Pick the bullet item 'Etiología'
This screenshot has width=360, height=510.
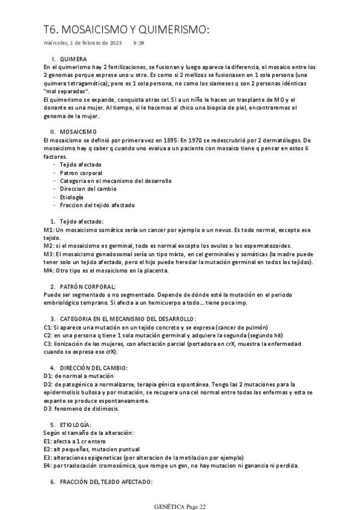pos(72,197)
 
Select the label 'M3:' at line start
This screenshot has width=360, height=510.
pos(50,254)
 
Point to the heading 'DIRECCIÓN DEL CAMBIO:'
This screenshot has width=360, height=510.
pos(93,367)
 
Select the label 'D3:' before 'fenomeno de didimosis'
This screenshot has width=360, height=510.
pos(49,408)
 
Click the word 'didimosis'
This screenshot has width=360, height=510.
pos(105,408)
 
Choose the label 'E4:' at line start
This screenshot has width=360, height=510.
pos(49,465)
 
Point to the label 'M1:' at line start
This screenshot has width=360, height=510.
pos(50,230)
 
